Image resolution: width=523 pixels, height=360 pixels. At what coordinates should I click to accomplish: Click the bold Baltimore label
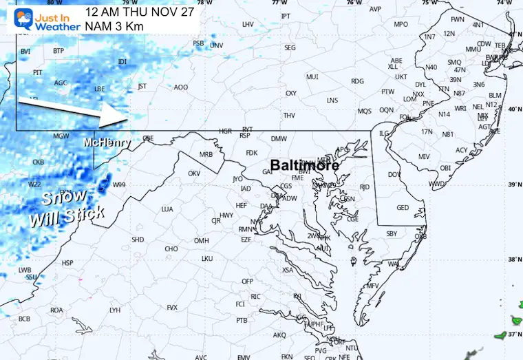point(304,166)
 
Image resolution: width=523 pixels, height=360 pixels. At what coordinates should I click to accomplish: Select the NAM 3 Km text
point(111,25)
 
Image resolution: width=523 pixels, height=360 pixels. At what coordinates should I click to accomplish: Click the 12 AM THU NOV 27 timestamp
point(140,12)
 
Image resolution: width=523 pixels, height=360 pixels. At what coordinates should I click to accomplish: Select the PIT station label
point(38,72)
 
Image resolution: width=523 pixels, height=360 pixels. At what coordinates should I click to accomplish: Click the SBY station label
point(392,233)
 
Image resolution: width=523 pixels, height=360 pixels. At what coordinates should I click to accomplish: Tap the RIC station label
point(255,296)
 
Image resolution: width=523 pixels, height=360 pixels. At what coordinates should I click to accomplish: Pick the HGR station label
point(225,130)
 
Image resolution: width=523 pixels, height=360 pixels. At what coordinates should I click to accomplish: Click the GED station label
point(403,207)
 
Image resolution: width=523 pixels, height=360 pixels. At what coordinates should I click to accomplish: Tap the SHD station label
point(138,240)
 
